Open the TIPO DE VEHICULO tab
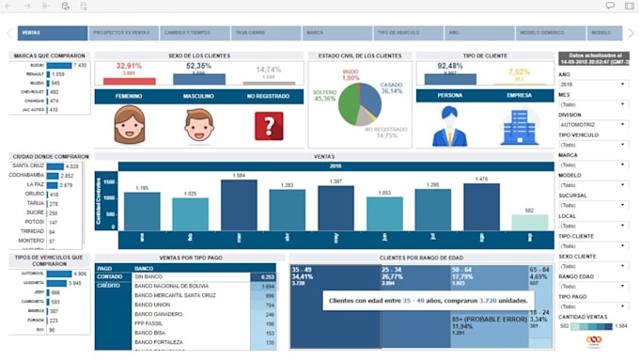[x=397, y=33]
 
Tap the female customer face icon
[x=129, y=125]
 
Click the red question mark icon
[x=269, y=126]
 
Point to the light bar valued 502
[x=530, y=222]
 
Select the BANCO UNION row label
[x=151, y=305]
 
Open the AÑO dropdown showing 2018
[x=593, y=85]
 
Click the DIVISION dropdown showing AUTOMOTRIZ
[x=593, y=124]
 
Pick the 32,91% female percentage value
[x=129, y=66]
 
